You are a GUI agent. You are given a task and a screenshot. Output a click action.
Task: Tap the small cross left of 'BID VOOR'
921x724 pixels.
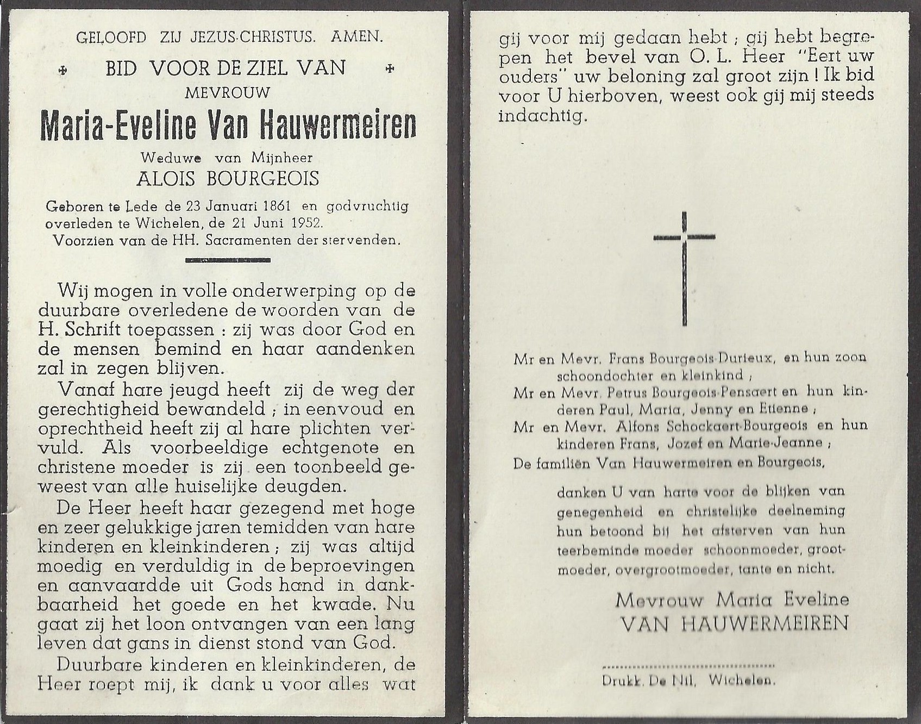(64, 70)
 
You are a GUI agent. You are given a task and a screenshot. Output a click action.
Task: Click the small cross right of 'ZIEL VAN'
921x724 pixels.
(389, 69)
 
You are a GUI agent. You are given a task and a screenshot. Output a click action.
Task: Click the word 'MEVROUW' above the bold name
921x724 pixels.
(227, 93)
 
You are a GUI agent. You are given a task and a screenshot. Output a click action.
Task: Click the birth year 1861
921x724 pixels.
(275, 207)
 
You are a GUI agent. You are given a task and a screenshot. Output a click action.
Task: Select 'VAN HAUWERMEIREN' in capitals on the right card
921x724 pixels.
(734, 623)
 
